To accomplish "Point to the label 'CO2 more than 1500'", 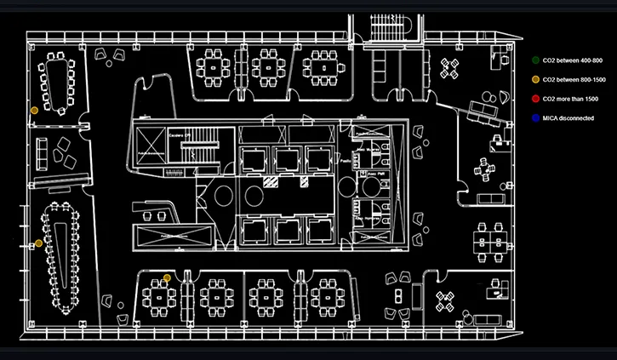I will (x=571, y=99).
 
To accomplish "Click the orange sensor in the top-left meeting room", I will (x=34, y=111).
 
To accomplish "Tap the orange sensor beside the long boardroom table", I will (x=38, y=243).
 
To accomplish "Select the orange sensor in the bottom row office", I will (x=168, y=278).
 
